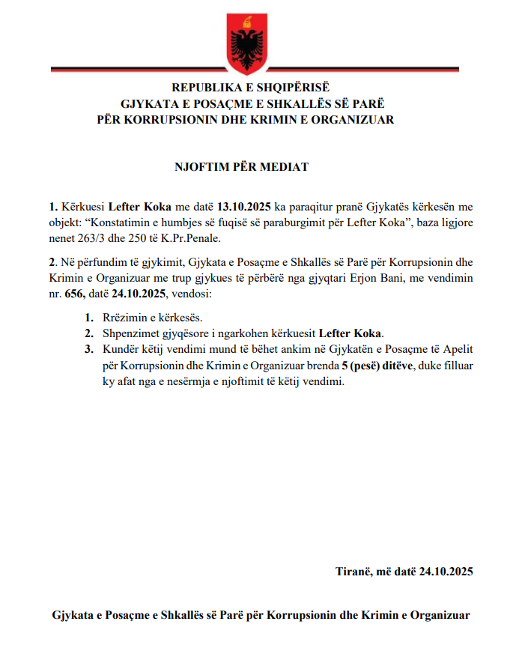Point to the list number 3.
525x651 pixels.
click(88, 349)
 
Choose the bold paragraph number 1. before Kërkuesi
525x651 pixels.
click(53, 206)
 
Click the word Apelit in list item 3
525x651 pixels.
click(458, 349)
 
